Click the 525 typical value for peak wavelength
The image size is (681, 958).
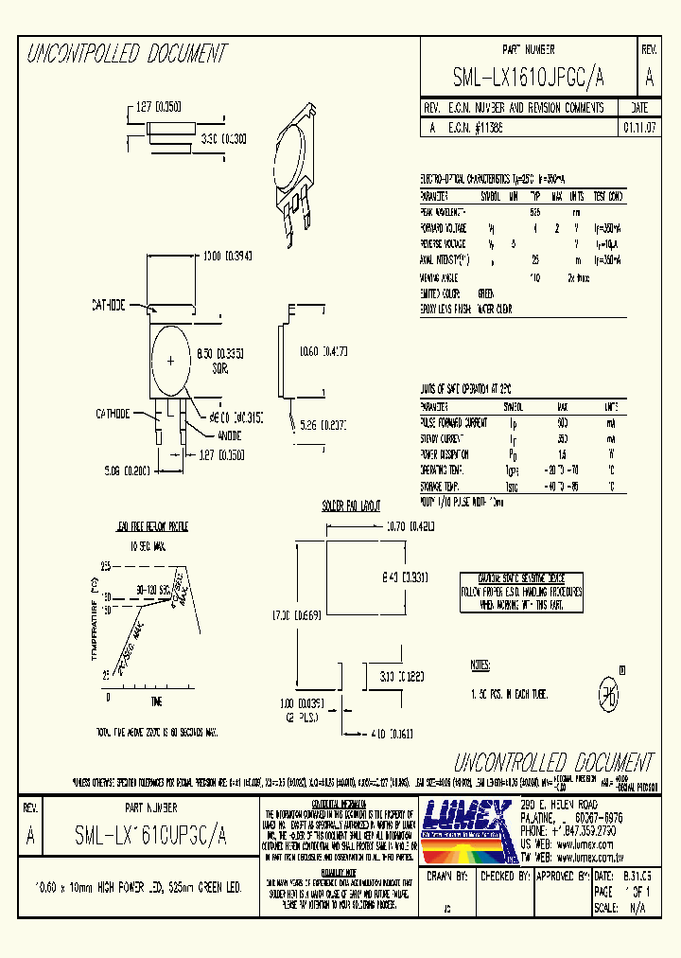[535, 211]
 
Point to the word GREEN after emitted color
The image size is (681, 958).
[486, 293]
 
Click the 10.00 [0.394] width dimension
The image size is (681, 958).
[225, 257]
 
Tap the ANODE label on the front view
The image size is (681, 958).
[229, 435]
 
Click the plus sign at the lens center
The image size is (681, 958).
[170, 360]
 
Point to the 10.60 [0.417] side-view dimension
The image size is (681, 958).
[323, 351]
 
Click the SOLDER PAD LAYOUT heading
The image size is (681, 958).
[352, 506]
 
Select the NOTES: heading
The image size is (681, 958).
[480, 666]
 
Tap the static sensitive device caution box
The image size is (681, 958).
[521, 590]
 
